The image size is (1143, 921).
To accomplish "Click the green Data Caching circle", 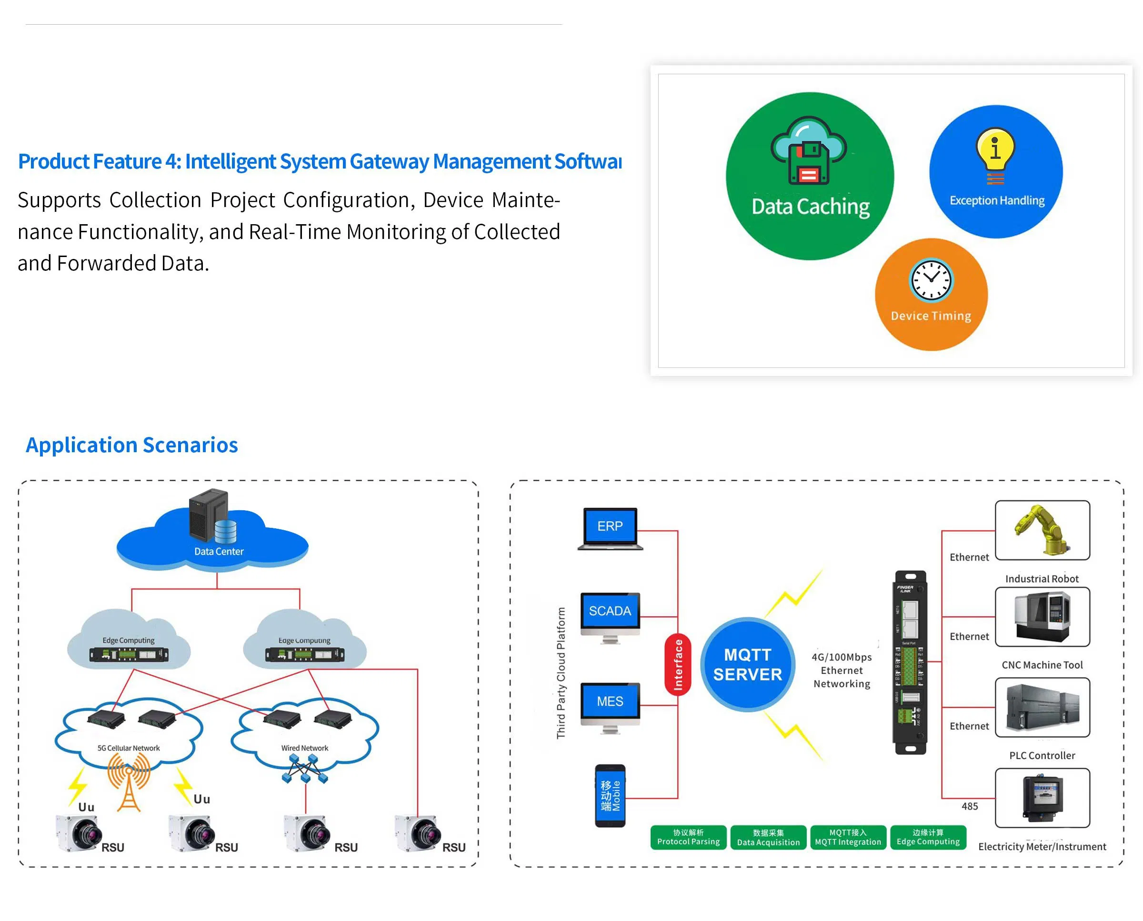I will point(809,176).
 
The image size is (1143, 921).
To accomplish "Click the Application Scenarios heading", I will point(131,445).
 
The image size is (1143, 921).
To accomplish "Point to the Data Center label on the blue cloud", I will point(218,551).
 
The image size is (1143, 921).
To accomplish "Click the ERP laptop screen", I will point(610,526).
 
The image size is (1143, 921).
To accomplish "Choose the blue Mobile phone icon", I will point(610,795).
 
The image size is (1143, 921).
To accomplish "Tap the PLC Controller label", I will point(1042,755).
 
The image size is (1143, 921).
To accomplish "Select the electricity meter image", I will point(1042,797).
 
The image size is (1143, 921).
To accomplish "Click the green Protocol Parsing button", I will point(688,837).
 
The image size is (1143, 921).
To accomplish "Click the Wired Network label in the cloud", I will point(304,748).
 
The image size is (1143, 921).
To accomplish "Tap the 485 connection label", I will point(969,806).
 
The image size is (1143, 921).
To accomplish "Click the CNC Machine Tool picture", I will point(1042,616).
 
